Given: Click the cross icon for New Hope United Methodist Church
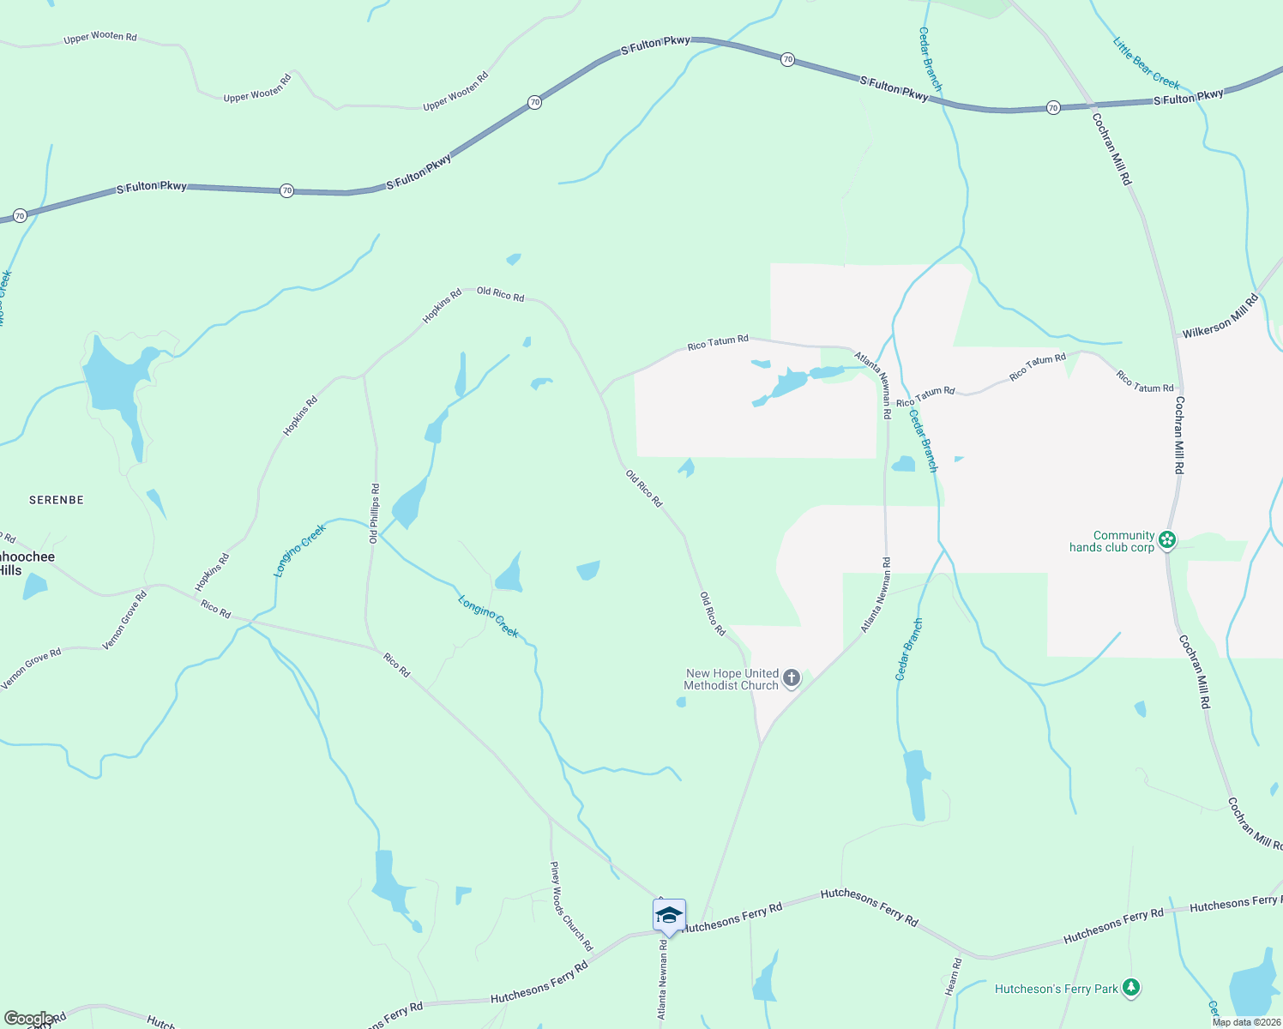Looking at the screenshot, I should [x=792, y=679].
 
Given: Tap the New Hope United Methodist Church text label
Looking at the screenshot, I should [x=732, y=679].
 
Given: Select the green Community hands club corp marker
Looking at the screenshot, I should [x=1166, y=540].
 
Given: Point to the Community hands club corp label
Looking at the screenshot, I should [x=1112, y=541].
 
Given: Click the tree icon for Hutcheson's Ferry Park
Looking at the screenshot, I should [x=1131, y=989].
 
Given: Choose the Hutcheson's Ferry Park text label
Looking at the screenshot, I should [x=1056, y=989].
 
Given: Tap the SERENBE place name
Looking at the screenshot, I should [x=57, y=500].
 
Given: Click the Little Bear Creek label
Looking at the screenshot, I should [x=1146, y=63].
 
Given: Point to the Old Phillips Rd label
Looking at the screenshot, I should [x=374, y=514].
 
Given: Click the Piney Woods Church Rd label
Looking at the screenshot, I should [x=571, y=906].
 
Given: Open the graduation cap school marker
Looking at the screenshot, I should [x=669, y=916].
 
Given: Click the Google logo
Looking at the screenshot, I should [x=29, y=1019].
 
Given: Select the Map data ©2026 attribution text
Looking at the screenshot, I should [x=1246, y=1022].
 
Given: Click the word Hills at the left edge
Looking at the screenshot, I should [x=11, y=570].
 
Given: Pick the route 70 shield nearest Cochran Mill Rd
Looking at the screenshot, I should [x=1053, y=108].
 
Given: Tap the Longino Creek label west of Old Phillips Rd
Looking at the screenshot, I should [x=300, y=551].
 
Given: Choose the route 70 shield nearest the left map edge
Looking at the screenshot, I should [x=20, y=216].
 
